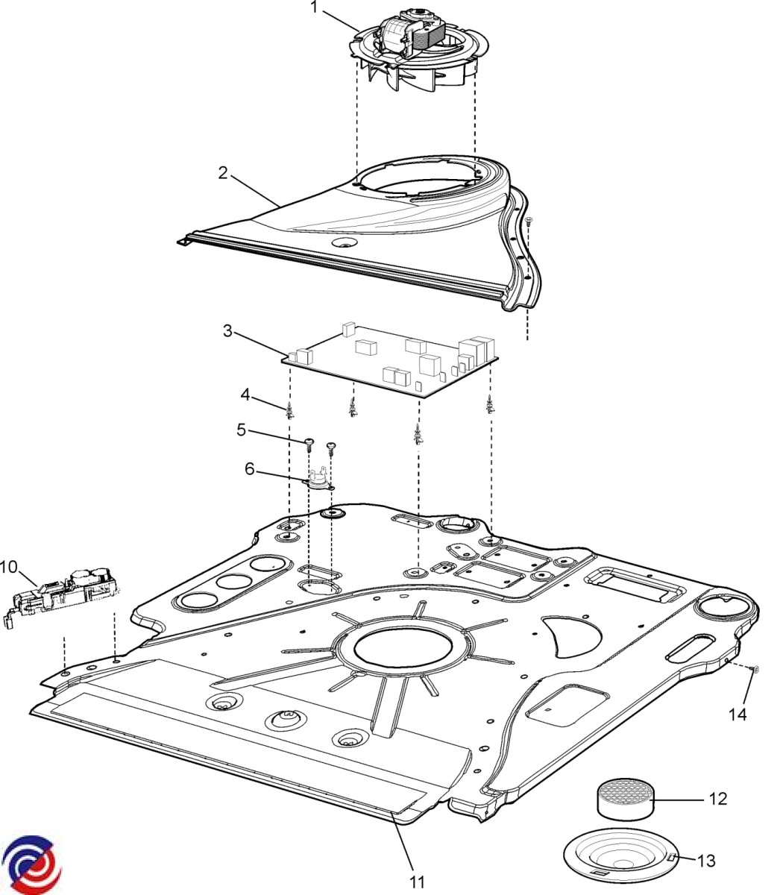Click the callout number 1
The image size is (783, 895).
[314, 8]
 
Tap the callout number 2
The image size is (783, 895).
[223, 173]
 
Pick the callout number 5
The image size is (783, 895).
[241, 430]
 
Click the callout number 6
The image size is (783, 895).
[249, 469]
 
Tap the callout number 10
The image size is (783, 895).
[8, 567]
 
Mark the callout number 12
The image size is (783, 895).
[717, 799]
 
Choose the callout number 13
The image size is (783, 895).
[705, 861]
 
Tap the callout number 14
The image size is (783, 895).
[737, 715]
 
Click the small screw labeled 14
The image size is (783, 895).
[754, 671]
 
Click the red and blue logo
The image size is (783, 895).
[32, 864]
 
